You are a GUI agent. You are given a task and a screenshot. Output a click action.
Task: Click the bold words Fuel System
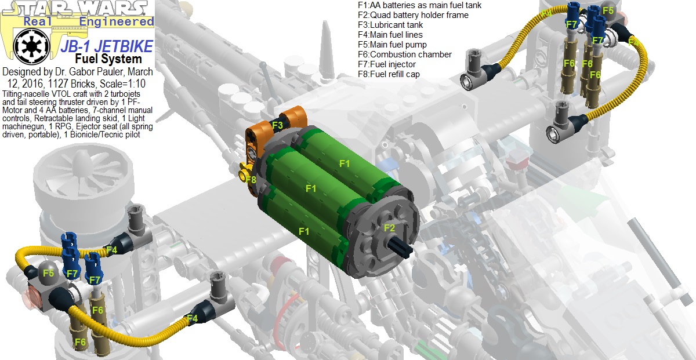[x=108, y=59]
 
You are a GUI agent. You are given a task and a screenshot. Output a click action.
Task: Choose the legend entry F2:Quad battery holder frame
[x=413, y=15]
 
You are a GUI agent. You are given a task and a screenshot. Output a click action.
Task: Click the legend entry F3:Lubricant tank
[x=390, y=25]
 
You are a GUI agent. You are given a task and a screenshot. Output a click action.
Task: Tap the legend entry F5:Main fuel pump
[x=392, y=45]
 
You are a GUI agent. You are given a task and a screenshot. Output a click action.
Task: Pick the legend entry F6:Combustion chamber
[x=404, y=54]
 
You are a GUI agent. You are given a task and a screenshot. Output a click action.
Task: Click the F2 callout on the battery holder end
[x=389, y=228]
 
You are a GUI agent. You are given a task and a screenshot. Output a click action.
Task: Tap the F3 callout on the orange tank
[x=277, y=125]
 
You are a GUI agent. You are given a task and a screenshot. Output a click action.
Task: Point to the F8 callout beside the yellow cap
[x=250, y=180]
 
